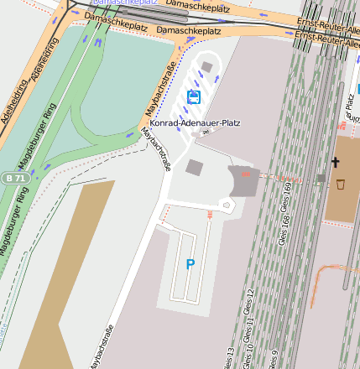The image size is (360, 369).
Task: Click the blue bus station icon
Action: [x=195, y=98]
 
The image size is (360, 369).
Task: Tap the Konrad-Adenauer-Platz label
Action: [x=195, y=122]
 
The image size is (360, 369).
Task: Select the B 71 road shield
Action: [x=12, y=178]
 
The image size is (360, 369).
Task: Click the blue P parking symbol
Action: [x=190, y=264]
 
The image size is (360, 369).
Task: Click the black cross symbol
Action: [x=336, y=162]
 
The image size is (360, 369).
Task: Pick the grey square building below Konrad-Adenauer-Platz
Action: [x=194, y=168]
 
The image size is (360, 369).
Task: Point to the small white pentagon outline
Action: [x=225, y=204]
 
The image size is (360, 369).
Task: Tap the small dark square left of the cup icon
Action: [x=321, y=178]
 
